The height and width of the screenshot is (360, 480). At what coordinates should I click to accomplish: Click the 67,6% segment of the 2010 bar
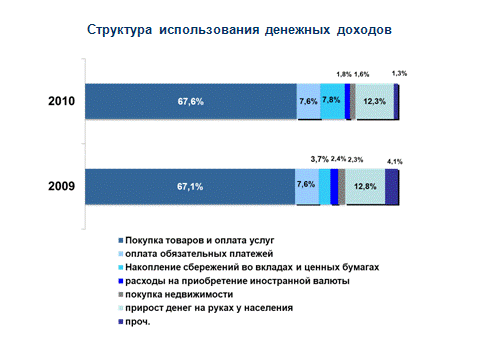[191, 101]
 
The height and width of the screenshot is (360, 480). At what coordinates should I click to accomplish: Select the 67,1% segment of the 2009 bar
[190, 187]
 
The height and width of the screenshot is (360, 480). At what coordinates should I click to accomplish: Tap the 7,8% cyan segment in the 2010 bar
[333, 101]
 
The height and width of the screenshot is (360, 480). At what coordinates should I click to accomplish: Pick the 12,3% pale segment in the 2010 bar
[375, 101]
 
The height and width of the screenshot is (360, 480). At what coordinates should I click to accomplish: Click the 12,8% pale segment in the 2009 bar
[365, 187]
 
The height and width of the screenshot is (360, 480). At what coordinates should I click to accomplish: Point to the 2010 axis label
[61, 101]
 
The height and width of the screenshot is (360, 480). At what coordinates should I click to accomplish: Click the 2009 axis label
[61, 186]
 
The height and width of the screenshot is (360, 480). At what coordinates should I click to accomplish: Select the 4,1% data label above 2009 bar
[395, 162]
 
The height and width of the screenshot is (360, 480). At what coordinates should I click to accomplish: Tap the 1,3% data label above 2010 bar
[399, 73]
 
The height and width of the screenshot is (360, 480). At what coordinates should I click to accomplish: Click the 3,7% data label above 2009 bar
[320, 159]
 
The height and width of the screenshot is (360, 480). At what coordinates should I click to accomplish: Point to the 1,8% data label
[344, 74]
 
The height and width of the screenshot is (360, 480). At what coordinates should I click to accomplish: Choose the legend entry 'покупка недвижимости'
[176, 295]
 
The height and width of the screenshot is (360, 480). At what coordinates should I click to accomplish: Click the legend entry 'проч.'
[135, 322]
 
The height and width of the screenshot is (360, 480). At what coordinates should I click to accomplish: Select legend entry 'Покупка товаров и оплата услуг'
[196, 240]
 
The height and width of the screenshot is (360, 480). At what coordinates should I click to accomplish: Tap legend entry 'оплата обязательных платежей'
[196, 254]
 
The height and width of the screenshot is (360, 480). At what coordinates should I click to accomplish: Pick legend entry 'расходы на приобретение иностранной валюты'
[234, 281]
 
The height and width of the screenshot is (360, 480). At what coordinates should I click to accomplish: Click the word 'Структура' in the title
[119, 30]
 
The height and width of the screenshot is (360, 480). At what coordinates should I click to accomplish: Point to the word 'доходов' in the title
[364, 30]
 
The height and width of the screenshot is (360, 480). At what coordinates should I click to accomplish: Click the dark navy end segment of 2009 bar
[392, 187]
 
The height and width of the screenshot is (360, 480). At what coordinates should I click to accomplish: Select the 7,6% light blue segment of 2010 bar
[309, 101]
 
